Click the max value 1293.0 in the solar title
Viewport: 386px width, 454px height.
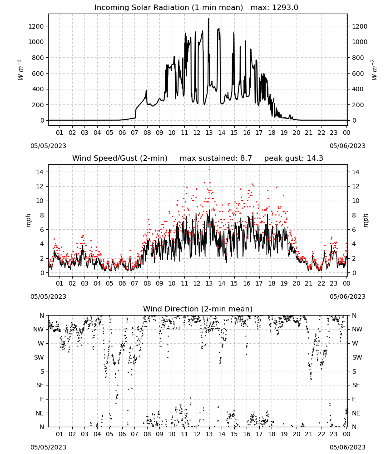click(x=285, y=8)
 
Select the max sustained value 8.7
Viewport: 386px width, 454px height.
click(x=246, y=158)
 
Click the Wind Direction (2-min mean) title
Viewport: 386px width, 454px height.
click(x=198, y=309)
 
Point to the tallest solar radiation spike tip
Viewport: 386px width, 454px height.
click(x=208, y=19)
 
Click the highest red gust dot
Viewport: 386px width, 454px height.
click(x=210, y=170)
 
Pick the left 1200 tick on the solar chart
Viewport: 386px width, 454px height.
click(x=36, y=26)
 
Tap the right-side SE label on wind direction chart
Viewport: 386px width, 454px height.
click(x=356, y=385)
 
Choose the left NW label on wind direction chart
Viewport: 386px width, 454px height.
click(x=39, y=329)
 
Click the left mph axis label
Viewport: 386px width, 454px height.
click(x=28, y=220)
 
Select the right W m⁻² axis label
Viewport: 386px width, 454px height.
click(x=374, y=70)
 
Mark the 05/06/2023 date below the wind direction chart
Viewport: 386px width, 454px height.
click(x=347, y=447)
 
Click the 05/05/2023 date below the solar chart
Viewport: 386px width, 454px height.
click(x=48, y=146)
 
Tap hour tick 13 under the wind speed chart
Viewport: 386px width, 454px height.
click(x=209, y=283)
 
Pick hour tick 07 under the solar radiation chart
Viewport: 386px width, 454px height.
click(x=134, y=133)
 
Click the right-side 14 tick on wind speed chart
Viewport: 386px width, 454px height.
click(x=356, y=172)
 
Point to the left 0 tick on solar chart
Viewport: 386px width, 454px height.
click(x=43, y=120)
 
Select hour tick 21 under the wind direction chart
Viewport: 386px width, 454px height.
click(x=309, y=434)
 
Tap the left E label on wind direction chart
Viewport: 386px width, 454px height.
click(x=42, y=399)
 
